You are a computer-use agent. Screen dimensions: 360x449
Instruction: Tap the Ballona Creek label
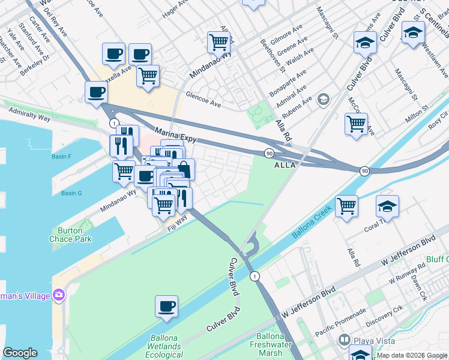(312, 223)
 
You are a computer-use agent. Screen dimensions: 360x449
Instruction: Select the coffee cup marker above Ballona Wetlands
(166, 307)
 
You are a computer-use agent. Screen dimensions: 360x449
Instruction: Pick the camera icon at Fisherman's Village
(59, 294)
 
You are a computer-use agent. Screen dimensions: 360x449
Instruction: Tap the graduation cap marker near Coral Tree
(387, 207)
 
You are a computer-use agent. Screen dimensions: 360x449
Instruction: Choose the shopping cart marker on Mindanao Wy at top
(218, 42)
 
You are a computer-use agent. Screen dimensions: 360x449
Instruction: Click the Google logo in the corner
(20, 353)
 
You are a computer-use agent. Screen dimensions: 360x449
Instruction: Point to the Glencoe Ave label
(203, 100)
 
